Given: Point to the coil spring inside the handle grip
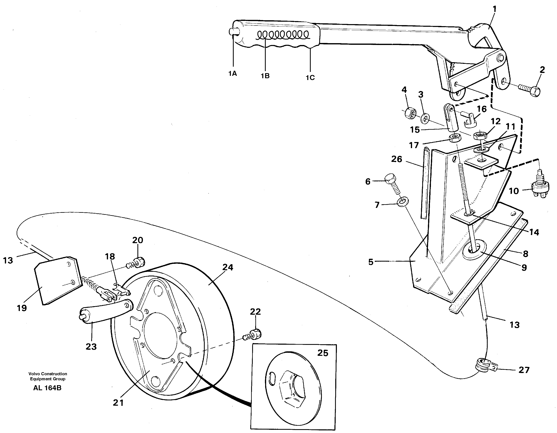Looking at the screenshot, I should [x=283, y=35].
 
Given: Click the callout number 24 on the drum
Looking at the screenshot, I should [x=227, y=267].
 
